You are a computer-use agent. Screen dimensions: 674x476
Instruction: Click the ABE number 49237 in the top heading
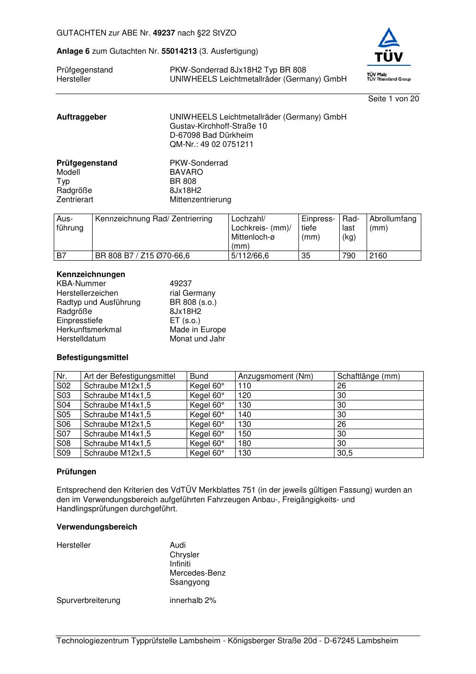click(164, 33)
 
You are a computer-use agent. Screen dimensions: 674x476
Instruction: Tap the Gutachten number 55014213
click(179, 51)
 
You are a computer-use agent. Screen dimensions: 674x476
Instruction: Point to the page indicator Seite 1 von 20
click(393, 99)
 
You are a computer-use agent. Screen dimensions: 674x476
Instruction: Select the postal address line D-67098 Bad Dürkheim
click(211, 135)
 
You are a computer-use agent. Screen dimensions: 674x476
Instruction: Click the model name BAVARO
click(186, 172)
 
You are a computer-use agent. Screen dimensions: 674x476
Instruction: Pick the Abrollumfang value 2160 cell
click(378, 256)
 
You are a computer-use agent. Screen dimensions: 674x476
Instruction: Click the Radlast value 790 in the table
click(349, 256)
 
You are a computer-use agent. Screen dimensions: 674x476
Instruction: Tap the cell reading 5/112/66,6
click(250, 256)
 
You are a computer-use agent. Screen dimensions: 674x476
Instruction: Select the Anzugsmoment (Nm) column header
click(275, 376)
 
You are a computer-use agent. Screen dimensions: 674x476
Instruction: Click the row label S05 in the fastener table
click(64, 415)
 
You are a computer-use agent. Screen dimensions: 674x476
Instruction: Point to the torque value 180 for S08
click(245, 444)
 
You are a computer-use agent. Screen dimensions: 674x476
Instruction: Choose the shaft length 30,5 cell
click(345, 453)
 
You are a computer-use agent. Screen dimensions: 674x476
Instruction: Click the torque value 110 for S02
click(245, 386)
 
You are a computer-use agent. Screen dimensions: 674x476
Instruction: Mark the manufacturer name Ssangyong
click(190, 582)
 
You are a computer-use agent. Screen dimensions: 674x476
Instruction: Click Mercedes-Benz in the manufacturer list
click(197, 573)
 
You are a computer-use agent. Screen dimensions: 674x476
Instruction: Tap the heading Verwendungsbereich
click(97, 527)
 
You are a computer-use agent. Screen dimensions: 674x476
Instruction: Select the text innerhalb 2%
click(193, 601)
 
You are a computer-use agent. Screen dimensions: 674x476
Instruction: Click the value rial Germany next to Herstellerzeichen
click(192, 293)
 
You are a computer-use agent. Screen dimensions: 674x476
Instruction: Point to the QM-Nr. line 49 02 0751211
click(211, 144)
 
